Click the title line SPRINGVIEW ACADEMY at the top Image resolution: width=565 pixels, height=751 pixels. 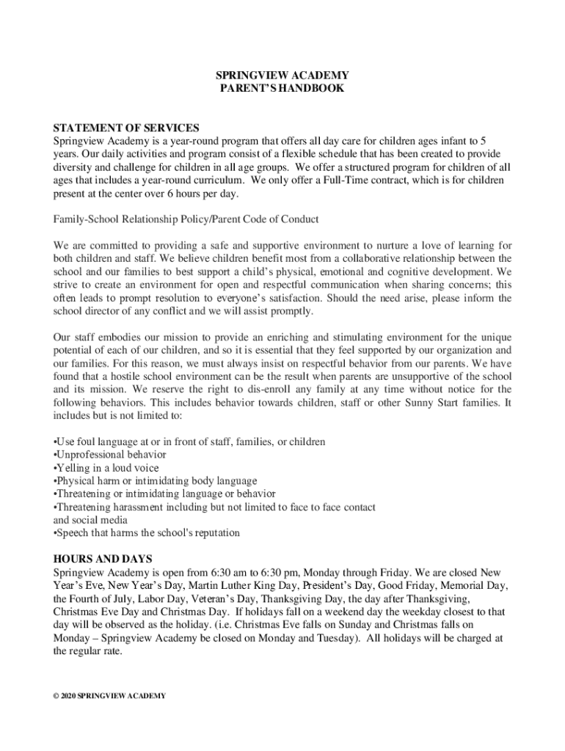[x=282, y=76]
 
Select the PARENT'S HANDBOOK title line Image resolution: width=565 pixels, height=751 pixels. [x=282, y=88]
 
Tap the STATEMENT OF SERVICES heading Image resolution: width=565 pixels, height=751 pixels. [x=126, y=127]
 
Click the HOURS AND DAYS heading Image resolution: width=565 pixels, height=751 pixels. [x=100, y=558]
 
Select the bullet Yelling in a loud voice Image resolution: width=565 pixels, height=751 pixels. [x=106, y=468]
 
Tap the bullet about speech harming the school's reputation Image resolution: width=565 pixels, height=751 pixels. [x=147, y=532]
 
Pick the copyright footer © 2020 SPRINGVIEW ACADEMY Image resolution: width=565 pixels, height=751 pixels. [x=110, y=695]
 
